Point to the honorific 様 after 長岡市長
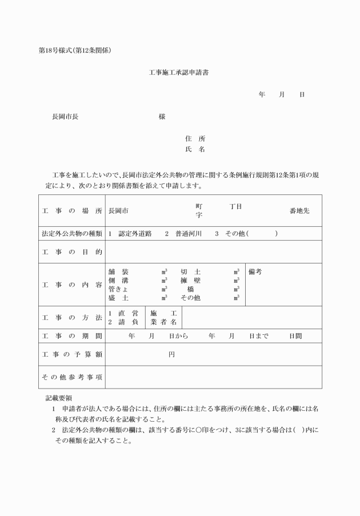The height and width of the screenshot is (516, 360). (x=162, y=117)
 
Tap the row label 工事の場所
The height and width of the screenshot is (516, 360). (x=71, y=211)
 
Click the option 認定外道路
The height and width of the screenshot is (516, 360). (x=135, y=233)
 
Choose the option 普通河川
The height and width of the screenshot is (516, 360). (x=188, y=233)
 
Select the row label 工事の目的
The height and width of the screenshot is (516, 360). (x=71, y=252)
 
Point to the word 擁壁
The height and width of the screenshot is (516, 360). (x=190, y=281)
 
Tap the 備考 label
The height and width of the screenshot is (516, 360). (x=255, y=272)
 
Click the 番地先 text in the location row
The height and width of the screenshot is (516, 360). (x=299, y=211)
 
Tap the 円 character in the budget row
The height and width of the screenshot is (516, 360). (x=171, y=355)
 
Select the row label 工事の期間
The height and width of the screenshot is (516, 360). (x=71, y=335)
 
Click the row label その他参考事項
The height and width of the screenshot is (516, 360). (x=71, y=377)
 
